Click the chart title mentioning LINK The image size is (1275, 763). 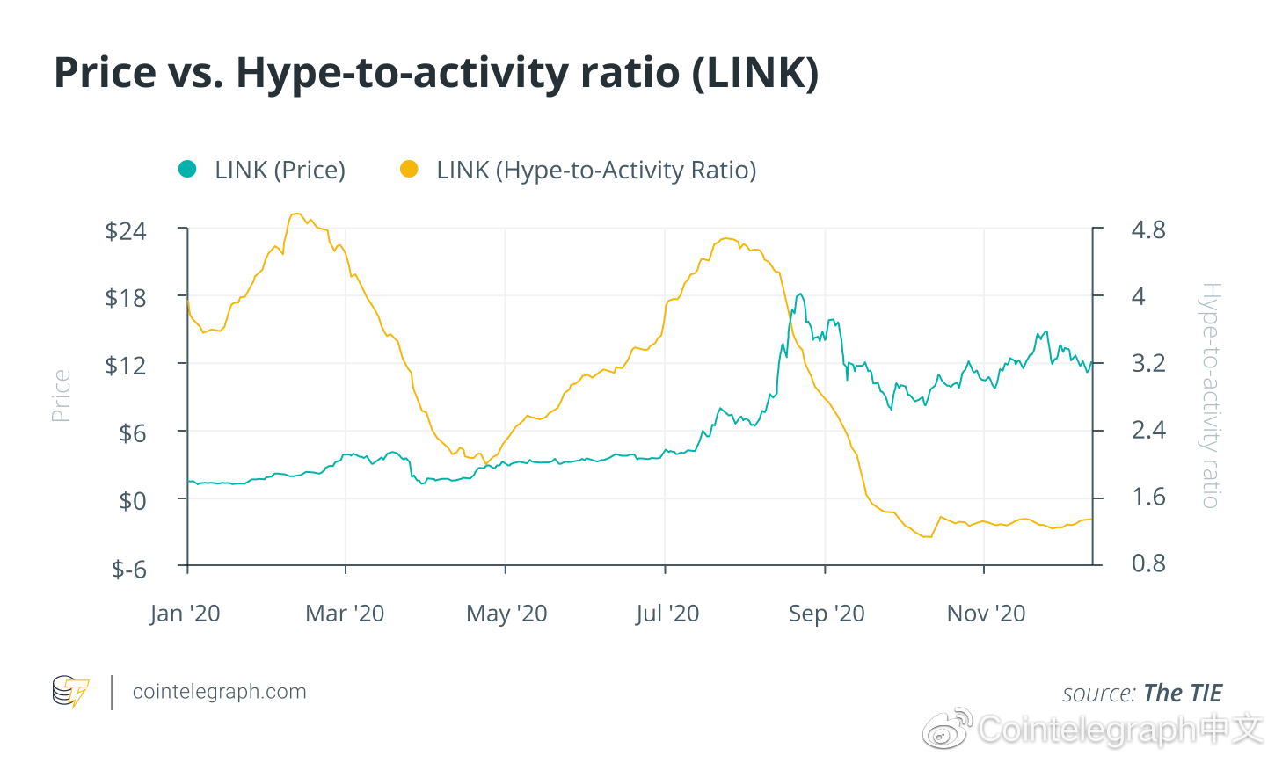(436, 73)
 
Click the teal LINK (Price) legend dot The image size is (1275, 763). (187, 169)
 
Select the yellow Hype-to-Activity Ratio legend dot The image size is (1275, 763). (409, 169)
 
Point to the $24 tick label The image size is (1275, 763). (126, 231)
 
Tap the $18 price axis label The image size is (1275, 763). (126, 298)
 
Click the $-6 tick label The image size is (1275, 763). (128, 569)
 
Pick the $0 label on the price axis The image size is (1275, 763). (133, 501)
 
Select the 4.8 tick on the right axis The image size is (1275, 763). (1147, 230)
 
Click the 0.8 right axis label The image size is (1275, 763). (1147, 563)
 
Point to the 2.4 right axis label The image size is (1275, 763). (1147, 430)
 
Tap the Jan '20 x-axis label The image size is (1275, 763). (185, 614)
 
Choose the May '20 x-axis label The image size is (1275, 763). (506, 614)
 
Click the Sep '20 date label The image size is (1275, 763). (827, 614)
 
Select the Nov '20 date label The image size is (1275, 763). (986, 614)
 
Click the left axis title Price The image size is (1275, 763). (61, 396)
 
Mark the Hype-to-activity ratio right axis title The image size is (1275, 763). (1211, 396)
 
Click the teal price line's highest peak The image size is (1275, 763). (799, 294)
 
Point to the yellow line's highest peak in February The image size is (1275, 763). (296, 214)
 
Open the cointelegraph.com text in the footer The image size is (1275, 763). (219, 692)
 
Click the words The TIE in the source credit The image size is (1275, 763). (1183, 694)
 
